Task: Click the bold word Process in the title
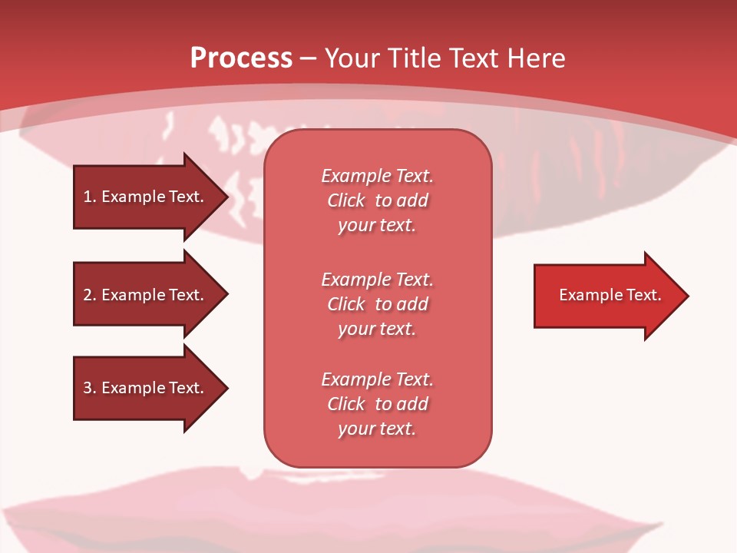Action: [x=241, y=58]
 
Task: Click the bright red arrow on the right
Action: [x=606, y=295]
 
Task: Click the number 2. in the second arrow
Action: [x=89, y=295]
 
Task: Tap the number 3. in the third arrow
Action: [x=89, y=388]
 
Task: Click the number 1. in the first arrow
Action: [x=89, y=197]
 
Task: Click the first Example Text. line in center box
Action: [x=377, y=176]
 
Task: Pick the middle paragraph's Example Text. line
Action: [x=377, y=280]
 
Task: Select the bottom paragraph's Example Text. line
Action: [x=377, y=379]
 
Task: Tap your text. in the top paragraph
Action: [x=377, y=226]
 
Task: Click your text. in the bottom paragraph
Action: [x=377, y=429]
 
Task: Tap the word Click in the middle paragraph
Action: [x=346, y=304]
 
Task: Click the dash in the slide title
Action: [x=308, y=58]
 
